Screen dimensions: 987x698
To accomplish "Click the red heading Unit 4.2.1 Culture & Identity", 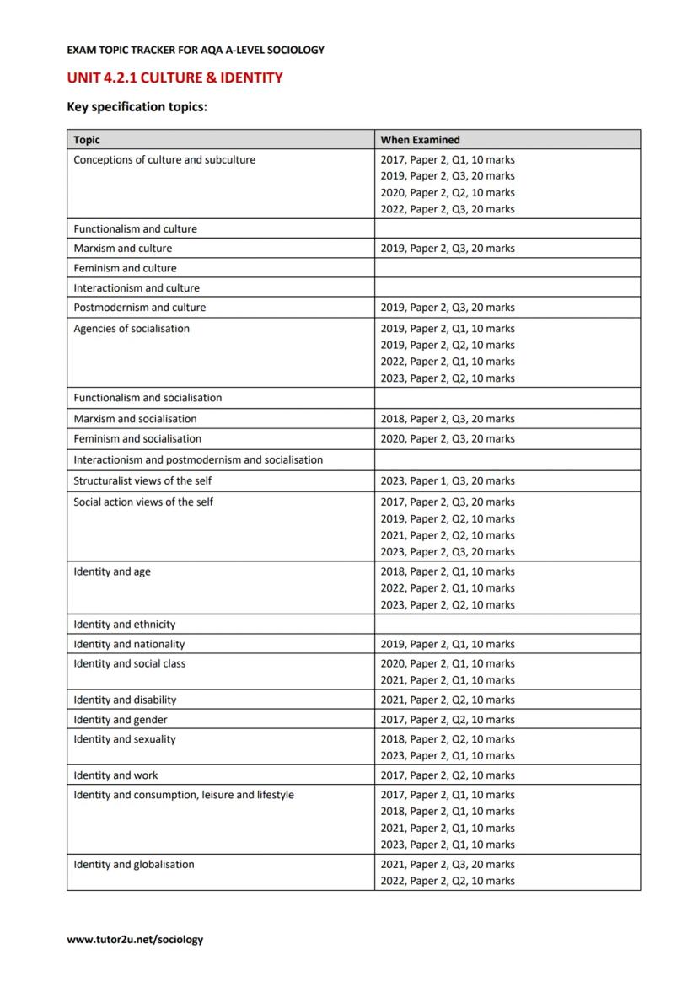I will click(x=174, y=78).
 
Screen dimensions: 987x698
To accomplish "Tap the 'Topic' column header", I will click(x=87, y=140).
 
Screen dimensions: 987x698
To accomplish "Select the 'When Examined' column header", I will click(x=420, y=140).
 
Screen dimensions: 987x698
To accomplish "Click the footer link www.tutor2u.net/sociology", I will click(x=135, y=939).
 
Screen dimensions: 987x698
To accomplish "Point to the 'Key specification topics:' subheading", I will click(x=137, y=107).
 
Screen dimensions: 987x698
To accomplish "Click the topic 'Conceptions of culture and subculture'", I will click(x=164, y=160).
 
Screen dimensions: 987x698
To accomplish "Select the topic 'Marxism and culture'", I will click(x=122, y=249).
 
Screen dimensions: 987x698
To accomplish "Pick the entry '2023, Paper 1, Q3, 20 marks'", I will click(x=447, y=481).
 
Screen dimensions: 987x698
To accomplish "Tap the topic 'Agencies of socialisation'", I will click(x=132, y=329).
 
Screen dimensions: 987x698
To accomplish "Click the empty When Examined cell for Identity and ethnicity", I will click(x=507, y=625).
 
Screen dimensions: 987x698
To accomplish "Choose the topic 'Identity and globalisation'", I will click(x=133, y=865).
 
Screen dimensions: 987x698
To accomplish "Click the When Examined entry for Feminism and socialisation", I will click(x=447, y=439).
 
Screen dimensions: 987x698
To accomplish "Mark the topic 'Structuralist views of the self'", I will click(x=142, y=481).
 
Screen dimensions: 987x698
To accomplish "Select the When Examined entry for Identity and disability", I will click(x=447, y=700).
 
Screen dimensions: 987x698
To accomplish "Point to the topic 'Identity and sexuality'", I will click(x=125, y=739).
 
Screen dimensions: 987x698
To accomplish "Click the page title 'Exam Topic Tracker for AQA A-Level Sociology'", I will click(x=196, y=50).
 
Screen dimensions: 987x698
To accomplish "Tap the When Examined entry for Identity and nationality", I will click(x=447, y=645).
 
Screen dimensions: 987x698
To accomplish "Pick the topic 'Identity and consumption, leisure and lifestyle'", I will click(x=184, y=795).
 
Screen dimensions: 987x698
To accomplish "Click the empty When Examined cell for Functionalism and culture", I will click(x=507, y=229).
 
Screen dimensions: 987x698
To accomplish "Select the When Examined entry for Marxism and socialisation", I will click(x=447, y=419).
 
